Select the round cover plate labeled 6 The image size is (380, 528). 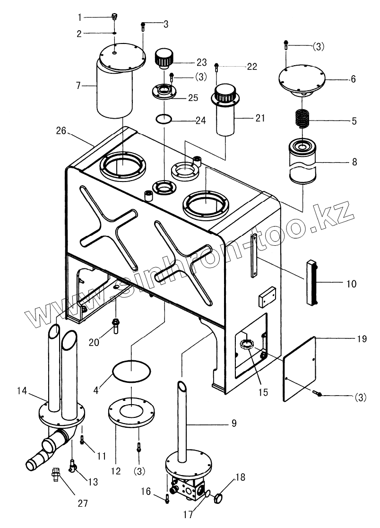coord(300,79)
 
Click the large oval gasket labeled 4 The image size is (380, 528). coord(132,371)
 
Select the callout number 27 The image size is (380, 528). coord(83,503)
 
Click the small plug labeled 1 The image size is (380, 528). coord(113,17)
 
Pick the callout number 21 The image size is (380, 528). coord(260,118)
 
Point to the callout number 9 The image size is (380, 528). coord(233,423)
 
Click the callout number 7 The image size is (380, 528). coord(79,86)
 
